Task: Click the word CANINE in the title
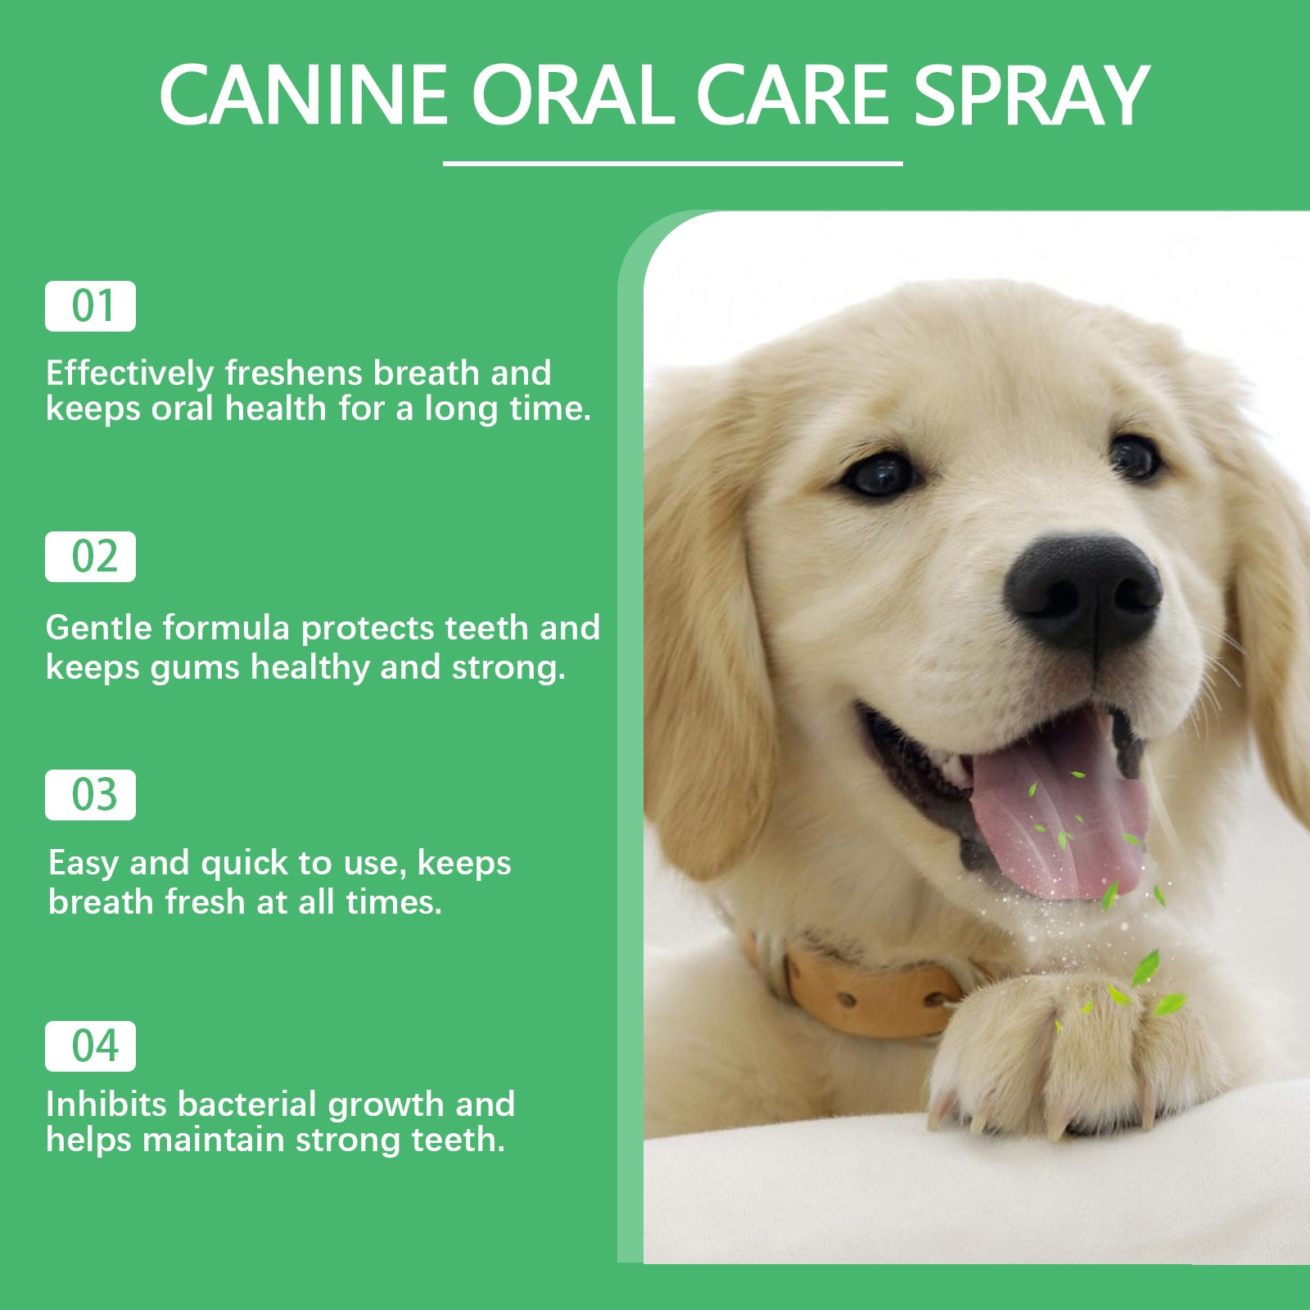pos(303,96)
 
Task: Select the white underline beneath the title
pos(672,164)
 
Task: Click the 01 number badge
pos(90,306)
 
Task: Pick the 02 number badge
pos(90,557)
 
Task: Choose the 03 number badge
pos(90,795)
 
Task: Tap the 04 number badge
pos(90,1046)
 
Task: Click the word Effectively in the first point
pos(129,373)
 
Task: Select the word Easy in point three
pos(83,863)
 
